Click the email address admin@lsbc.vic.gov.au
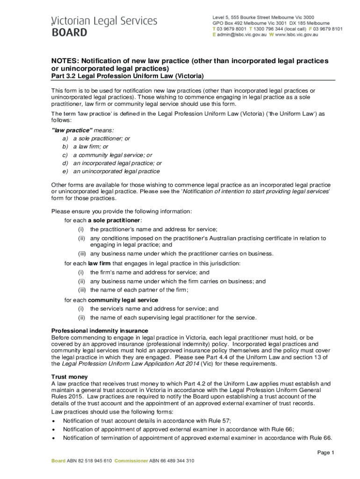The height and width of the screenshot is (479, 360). [x=242, y=35]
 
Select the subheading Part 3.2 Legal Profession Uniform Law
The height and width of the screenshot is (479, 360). [x=127, y=76]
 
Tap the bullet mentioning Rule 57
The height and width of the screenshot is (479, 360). [x=147, y=421]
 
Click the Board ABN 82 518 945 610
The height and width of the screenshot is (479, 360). [x=81, y=461]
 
